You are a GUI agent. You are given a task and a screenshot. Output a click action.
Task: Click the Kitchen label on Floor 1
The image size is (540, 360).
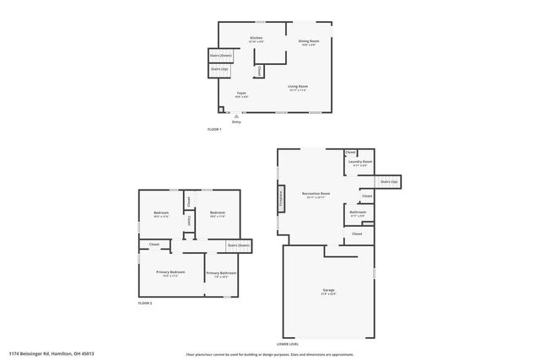click(x=256, y=39)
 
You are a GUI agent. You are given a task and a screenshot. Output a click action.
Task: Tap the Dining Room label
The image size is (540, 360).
click(x=308, y=42)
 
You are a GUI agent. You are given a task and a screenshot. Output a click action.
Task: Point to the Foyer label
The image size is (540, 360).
click(x=241, y=94)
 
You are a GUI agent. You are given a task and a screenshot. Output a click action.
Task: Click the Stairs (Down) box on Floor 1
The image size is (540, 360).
click(x=220, y=56)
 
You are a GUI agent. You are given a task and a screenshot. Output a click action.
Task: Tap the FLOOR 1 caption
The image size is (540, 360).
click(x=214, y=129)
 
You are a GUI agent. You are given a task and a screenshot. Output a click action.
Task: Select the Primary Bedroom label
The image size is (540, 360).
click(x=170, y=273)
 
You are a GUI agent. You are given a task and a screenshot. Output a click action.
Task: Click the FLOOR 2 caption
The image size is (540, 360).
click(x=145, y=303)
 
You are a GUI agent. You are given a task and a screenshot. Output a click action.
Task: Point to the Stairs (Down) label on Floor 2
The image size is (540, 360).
click(x=237, y=245)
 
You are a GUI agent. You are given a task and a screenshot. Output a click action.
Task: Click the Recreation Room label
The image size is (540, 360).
click(x=316, y=195)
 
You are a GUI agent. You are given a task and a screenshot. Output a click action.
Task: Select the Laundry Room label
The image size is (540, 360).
click(x=361, y=163)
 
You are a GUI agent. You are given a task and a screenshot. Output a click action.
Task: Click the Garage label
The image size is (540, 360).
click(x=328, y=292)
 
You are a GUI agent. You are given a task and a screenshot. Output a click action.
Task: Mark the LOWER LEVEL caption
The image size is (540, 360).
click(x=287, y=345)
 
